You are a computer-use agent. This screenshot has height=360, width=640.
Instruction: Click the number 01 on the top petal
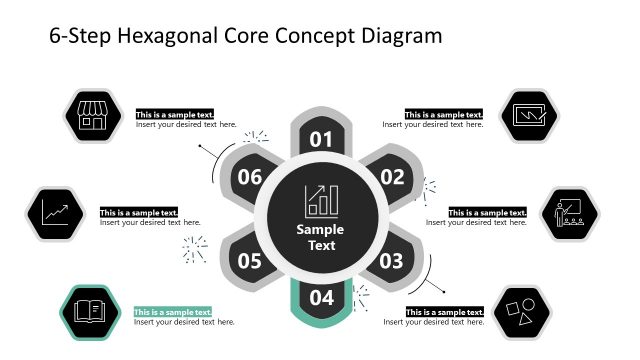321,139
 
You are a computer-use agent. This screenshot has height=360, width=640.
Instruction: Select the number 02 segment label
391,178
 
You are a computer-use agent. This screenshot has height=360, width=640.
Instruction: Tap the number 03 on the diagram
391,262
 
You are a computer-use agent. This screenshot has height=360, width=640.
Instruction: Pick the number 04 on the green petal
321,297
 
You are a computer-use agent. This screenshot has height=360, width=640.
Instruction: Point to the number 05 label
250,262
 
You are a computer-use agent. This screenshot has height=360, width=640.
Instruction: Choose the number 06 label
250,178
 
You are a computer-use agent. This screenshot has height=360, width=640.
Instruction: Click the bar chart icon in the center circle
321,200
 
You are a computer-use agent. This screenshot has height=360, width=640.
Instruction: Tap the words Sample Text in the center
321,237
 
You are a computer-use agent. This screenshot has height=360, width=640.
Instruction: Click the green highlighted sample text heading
173,312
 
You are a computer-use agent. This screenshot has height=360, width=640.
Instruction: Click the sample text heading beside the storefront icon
175,114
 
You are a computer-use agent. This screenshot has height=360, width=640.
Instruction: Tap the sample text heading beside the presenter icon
487,212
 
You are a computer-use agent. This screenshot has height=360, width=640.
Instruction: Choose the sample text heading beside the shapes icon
445,312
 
